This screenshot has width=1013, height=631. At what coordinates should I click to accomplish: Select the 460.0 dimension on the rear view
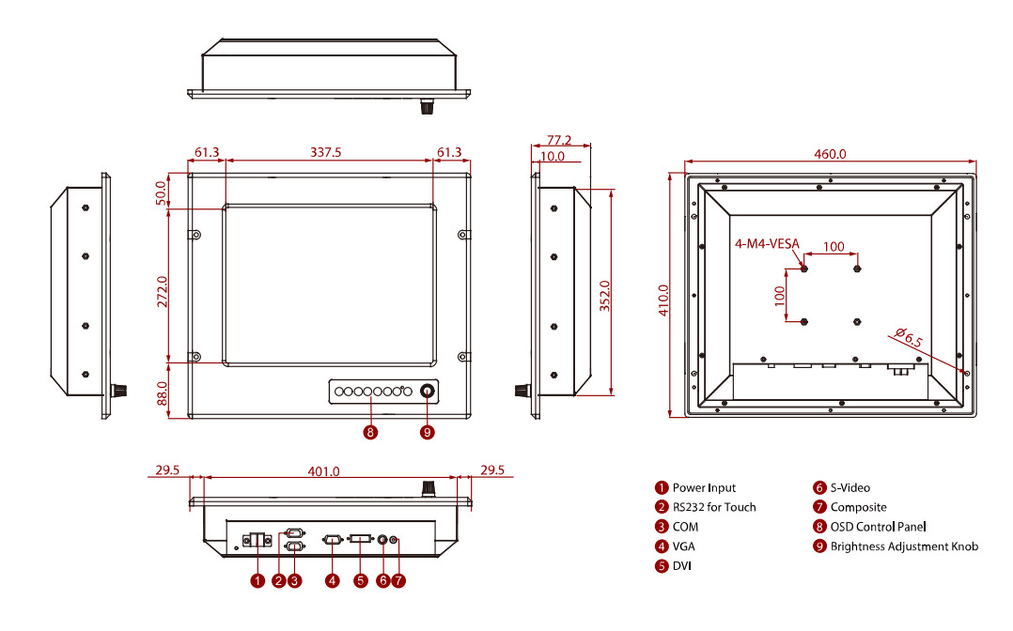coord(831,154)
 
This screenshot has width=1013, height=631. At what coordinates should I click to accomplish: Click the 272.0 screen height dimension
coord(163,291)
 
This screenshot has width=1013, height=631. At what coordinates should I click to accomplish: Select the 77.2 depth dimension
coord(559,138)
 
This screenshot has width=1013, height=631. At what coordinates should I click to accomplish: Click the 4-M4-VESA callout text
coord(767,245)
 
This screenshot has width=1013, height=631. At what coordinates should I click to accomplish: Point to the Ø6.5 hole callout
coord(908,337)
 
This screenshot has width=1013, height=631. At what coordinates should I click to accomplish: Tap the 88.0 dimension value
coord(163,392)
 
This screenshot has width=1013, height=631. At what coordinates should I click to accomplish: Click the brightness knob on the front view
coord(429,392)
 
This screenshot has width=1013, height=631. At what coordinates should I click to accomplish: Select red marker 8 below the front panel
coord(371,433)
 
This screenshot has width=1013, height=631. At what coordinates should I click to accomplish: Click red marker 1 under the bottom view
coord(257,581)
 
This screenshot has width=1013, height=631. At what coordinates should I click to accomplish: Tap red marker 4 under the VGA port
coord(332,581)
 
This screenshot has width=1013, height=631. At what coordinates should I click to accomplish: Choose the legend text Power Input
coord(704,488)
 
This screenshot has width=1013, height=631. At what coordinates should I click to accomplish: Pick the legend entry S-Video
coord(850,488)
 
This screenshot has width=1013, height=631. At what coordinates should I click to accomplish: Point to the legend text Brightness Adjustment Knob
coord(904,546)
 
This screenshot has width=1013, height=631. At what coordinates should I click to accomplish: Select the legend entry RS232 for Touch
coord(714,507)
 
